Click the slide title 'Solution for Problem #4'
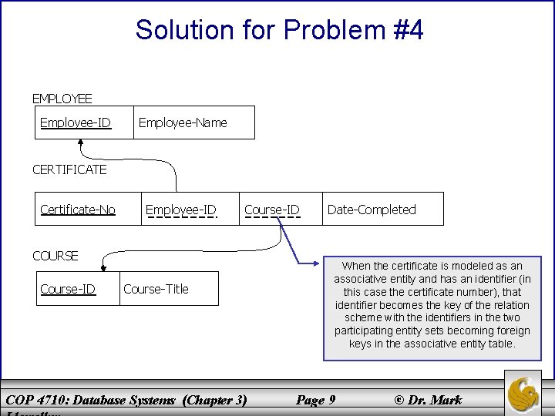279,31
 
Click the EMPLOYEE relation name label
62,99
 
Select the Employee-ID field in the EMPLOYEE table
76,122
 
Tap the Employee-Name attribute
182,122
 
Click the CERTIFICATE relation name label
69,169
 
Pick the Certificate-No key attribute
78,209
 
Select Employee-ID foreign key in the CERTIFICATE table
180,210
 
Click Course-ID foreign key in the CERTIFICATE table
271,210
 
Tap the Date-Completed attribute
372,210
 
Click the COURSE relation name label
55,256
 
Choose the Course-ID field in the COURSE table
68,289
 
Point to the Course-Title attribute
156,289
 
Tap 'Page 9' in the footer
315,399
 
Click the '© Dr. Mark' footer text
428,399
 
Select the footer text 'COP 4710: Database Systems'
90,399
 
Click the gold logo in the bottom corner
524,394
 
